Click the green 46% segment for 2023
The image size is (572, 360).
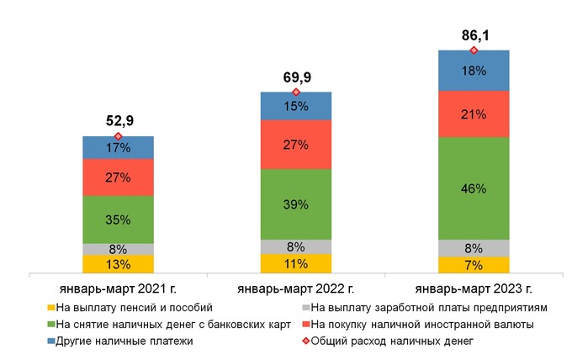point(474,188)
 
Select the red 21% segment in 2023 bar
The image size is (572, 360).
point(474,114)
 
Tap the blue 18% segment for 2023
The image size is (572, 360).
point(474,71)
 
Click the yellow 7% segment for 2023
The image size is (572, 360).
point(474,265)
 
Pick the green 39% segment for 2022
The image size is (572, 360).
point(296,204)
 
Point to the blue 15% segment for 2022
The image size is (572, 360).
point(296,106)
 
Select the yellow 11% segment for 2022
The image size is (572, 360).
point(296,263)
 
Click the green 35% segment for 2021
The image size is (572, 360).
point(118,220)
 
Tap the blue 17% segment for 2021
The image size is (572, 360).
point(118,147)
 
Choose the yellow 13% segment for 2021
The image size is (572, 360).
point(118,264)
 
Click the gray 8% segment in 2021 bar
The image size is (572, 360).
point(118,249)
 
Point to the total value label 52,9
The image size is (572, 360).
point(119,121)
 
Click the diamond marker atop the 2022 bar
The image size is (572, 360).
point(296,92)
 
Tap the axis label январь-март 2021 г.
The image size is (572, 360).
point(119,289)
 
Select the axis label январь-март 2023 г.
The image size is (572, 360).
point(474,289)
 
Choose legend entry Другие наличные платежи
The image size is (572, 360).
point(124,341)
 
